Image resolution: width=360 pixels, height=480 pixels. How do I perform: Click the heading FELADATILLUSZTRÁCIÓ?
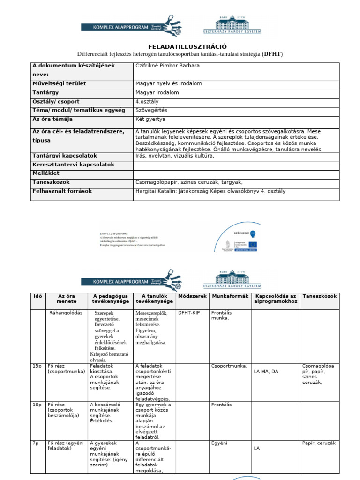(x=187, y=46)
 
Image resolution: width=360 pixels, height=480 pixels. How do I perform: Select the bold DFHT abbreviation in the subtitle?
(x=272, y=54)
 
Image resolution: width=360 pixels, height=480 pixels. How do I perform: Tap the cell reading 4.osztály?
(x=148, y=101)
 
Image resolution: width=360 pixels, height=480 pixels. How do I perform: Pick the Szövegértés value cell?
(x=151, y=110)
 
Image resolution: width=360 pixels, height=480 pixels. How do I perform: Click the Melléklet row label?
(x=46, y=173)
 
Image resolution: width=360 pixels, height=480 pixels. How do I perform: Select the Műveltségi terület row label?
(x=59, y=83)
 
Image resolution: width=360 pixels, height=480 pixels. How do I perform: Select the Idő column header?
(x=38, y=296)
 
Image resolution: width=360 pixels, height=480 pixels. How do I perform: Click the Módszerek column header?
(x=192, y=296)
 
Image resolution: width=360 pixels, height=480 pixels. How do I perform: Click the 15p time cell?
(x=37, y=365)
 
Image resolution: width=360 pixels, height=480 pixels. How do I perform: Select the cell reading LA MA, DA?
(x=266, y=371)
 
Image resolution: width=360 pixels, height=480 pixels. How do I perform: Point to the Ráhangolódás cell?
(x=66, y=312)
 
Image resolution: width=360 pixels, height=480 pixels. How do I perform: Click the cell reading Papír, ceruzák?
(x=319, y=442)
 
